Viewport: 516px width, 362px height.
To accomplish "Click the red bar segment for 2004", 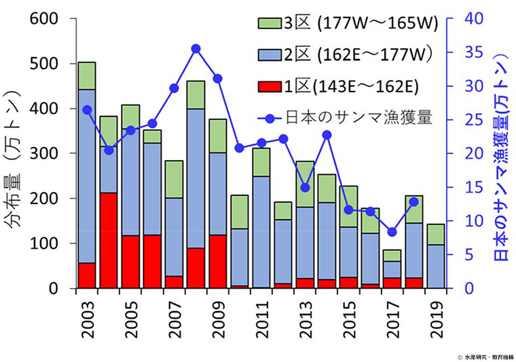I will (109, 240).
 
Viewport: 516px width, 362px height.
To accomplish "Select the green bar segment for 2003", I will (87, 75).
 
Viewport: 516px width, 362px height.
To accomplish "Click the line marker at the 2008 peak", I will (196, 48).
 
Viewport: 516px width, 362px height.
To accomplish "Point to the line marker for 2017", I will (392, 232).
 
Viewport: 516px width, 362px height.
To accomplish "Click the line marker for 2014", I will (327, 135).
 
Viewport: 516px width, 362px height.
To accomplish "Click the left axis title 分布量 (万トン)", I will (15, 153).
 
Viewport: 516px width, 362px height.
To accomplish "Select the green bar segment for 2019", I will (435, 234).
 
